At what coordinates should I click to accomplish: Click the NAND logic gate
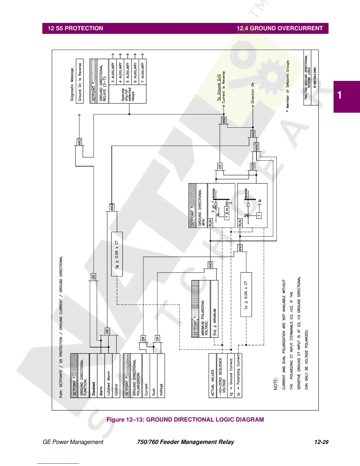[x=256, y=147]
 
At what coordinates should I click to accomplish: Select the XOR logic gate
[x=253, y=167]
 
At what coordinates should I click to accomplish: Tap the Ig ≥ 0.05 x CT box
[x=117, y=254]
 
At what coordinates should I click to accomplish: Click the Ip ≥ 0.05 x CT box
[x=246, y=294]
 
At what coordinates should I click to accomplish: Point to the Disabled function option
[x=94, y=389]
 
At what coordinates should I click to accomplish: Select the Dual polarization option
[x=154, y=392]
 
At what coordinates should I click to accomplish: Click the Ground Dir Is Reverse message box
[x=80, y=81]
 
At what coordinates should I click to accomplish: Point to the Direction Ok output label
[x=253, y=93]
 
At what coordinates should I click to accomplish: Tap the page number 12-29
[x=321, y=442]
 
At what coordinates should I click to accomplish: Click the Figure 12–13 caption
[x=185, y=420]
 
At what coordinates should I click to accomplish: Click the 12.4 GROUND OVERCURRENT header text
[x=279, y=29]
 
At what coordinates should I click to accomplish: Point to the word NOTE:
[x=276, y=384]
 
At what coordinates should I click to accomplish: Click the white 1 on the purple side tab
[x=340, y=95]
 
